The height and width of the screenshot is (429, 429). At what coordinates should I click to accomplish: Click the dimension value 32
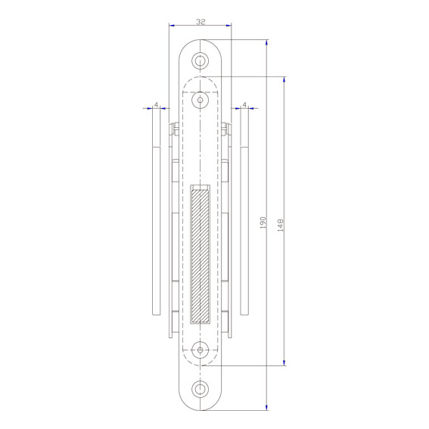pyautogui.click(x=201, y=22)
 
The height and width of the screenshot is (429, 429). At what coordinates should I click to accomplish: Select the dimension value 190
pyautogui.click(x=263, y=222)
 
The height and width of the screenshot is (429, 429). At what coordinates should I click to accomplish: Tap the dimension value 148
pyautogui.click(x=280, y=225)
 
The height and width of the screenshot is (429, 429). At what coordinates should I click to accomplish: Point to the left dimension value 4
pyautogui.click(x=156, y=104)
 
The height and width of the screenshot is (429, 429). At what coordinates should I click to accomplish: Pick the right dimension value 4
pyautogui.click(x=244, y=104)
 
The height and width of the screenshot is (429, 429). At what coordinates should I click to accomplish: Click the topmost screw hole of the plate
pyautogui.click(x=200, y=61)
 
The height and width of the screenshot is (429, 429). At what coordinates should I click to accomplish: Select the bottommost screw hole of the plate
pyautogui.click(x=200, y=389)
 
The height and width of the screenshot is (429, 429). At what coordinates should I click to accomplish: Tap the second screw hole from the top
pyautogui.click(x=200, y=100)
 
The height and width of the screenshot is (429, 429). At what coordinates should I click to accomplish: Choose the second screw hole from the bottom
pyautogui.click(x=200, y=350)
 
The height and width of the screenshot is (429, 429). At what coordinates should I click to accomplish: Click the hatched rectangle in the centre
pyautogui.click(x=200, y=256)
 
